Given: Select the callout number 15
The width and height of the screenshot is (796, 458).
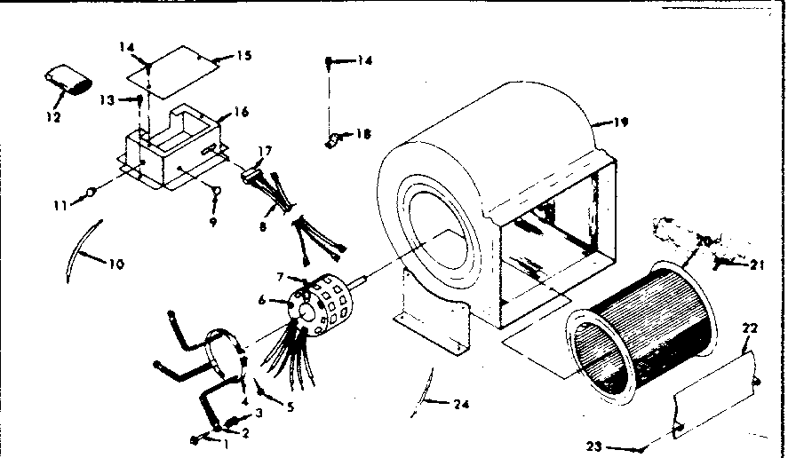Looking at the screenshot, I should click(x=243, y=56).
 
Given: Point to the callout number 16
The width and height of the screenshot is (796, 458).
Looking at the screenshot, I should click(x=240, y=113).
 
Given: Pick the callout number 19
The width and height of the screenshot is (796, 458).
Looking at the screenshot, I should click(x=620, y=122).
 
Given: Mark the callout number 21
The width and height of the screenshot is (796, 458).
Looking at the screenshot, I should click(x=755, y=264).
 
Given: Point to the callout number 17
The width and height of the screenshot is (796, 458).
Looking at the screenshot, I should click(x=264, y=152).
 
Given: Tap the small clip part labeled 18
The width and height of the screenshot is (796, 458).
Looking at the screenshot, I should click(x=333, y=138).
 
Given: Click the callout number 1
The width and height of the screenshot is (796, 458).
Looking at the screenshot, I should click(x=226, y=443).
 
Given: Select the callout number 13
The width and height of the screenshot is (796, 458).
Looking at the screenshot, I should click(x=107, y=99).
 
